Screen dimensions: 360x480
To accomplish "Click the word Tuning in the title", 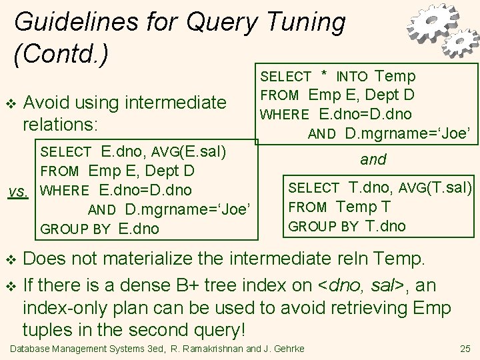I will pos(303,23).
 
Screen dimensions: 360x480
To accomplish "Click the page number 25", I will pos(465,349).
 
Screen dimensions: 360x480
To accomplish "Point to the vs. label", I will pos(17,191).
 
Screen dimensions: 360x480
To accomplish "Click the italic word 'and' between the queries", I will pos(373,160).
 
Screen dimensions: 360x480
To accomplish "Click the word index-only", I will pos(64,309).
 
